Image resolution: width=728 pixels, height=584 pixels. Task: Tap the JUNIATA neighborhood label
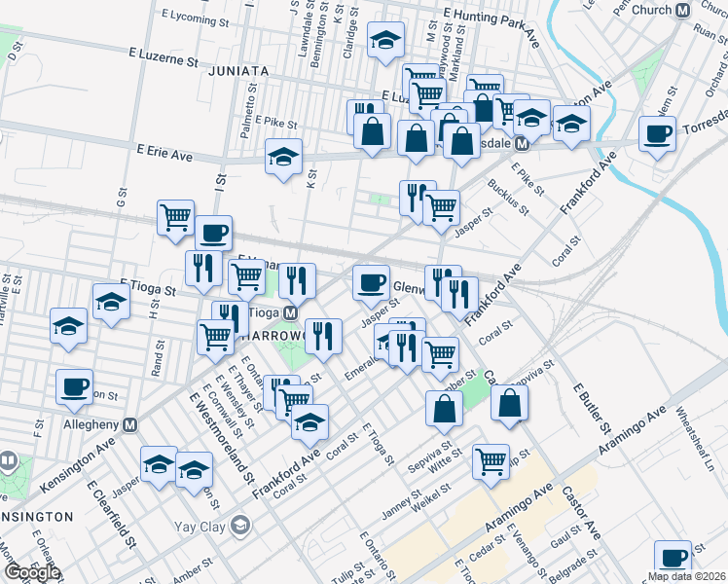click(238, 71)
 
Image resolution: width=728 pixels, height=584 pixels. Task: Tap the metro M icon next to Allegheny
click(130, 425)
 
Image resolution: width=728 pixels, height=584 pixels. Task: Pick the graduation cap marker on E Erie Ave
click(283, 157)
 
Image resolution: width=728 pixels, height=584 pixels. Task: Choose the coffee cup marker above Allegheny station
click(73, 387)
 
